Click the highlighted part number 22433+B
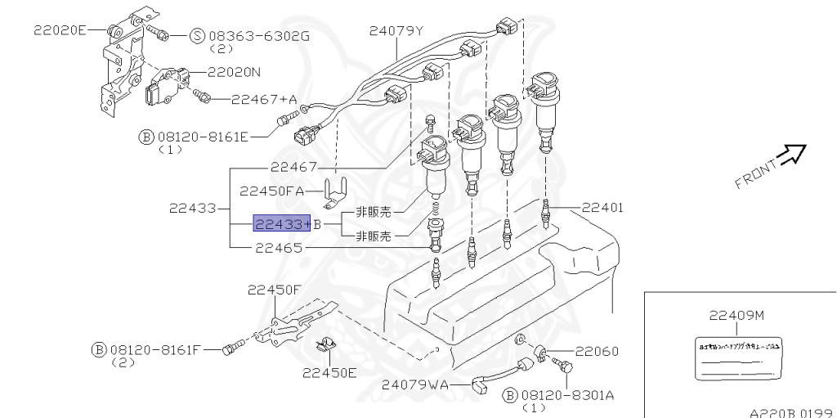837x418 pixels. click(283, 224)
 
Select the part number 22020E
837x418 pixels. click(59, 30)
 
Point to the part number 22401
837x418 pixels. click(603, 208)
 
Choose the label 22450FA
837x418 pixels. click(271, 191)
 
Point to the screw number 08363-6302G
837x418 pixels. click(259, 35)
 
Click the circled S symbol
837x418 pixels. click(197, 35)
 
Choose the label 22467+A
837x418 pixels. click(263, 99)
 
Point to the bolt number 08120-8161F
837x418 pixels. click(155, 349)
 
